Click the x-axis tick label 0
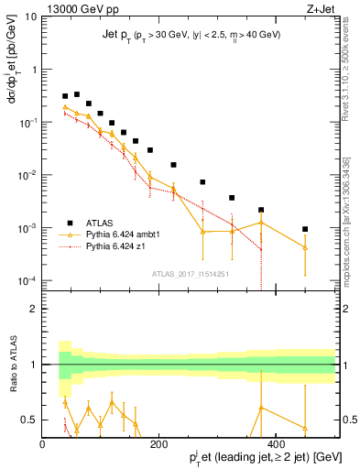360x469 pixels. click(42, 444)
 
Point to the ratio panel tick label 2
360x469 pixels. click(33, 309)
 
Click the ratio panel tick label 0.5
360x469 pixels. click(29, 420)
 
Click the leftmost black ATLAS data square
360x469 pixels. click(65, 96)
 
